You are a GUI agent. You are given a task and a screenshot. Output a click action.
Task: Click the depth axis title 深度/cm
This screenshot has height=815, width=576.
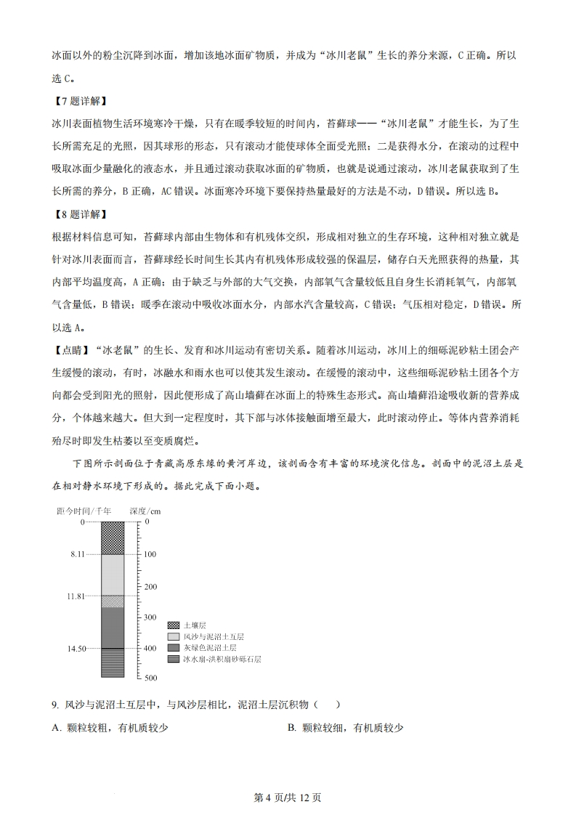(145, 511)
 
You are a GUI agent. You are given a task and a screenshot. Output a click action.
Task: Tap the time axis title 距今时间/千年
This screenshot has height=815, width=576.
(84, 511)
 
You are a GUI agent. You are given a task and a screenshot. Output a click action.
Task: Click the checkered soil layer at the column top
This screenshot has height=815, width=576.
(112, 538)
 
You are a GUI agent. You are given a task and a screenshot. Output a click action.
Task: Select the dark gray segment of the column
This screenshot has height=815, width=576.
(112, 627)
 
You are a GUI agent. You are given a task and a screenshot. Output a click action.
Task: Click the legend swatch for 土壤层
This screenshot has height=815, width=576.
(173, 625)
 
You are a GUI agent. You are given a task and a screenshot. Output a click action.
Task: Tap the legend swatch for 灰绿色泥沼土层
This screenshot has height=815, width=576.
(173, 646)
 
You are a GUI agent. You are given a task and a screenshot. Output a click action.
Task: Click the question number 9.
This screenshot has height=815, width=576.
(55, 705)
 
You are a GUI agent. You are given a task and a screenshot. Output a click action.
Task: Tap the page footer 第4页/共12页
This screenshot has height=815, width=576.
(288, 798)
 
